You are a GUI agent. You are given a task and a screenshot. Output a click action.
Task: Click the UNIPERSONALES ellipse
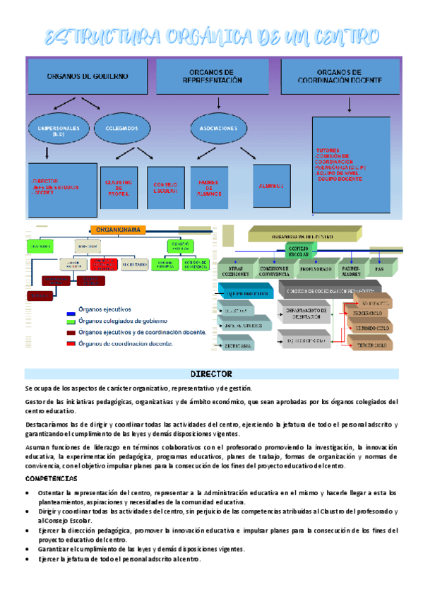(x=59, y=129)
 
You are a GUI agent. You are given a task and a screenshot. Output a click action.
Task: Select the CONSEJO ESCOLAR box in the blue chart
(x=165, y=189)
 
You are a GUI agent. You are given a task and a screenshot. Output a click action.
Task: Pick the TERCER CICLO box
(x=369, y=345)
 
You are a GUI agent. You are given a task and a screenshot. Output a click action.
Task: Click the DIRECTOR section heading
(x=211, y=372)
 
